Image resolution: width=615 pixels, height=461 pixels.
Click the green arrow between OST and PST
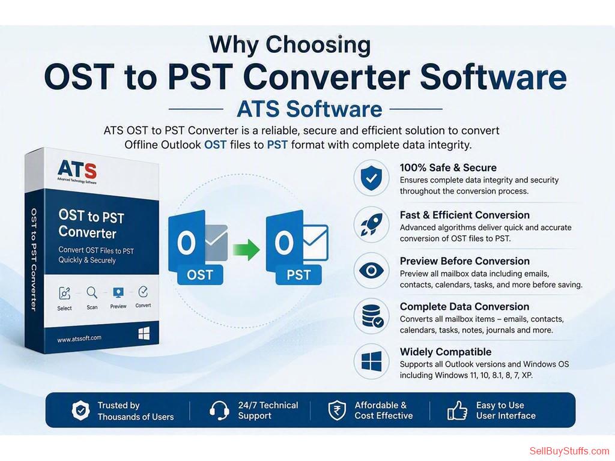tap(246, 249)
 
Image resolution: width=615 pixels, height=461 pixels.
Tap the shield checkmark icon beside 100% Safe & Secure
tap(371, 178)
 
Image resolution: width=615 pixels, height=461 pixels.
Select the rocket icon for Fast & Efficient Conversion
tap(371, 224)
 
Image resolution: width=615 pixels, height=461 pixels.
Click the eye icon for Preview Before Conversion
tap(371, 271)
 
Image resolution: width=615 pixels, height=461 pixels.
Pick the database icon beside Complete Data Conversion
tap(372, 316)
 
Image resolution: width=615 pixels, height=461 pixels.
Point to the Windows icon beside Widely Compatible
tap(371, 361)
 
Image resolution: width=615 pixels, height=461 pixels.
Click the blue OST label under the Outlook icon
tap(200, 275)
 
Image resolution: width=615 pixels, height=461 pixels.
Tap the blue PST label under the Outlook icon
tap(298, 275)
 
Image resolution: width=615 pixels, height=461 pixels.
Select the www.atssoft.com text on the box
tap(79, 339)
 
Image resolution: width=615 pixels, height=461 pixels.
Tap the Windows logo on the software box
tap(144, 334)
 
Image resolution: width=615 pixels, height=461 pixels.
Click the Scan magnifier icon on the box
tap(92, 292)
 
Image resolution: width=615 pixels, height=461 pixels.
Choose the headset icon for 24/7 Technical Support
tap(219, 410)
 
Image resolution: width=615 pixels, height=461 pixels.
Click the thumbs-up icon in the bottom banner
tap(457, 411)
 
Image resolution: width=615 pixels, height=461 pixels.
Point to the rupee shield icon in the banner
tap(337, 411)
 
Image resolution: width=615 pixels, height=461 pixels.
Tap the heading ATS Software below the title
tap(309, 109)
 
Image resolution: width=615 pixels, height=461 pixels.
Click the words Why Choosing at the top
tap(290, 44)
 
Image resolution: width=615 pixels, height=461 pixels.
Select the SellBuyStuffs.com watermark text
tap(569, 451)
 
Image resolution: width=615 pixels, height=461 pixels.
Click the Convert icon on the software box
tap(143, 292)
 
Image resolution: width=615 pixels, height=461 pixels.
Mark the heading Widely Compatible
tap(446, 352)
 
